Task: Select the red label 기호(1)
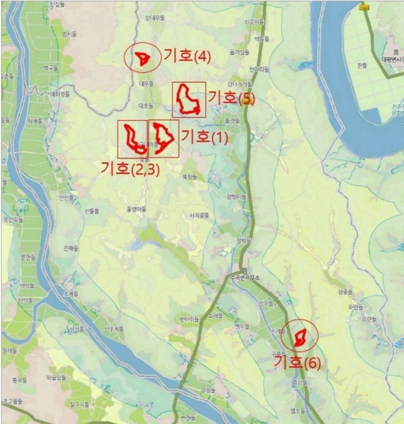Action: pyautogui.click(x=205, y=136)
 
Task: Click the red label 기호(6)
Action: pyautogui.click(x=297, y=363)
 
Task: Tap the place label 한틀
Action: pyautogui.click(x=362, y=65)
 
